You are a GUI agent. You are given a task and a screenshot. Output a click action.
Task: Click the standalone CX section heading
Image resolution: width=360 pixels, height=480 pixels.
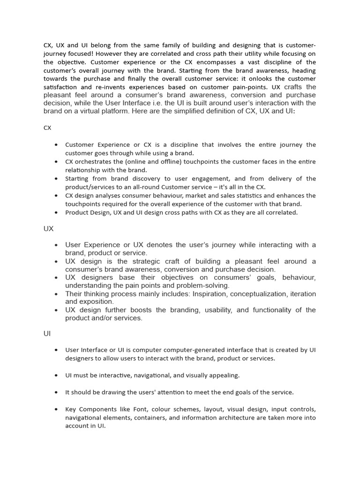pos(47,127)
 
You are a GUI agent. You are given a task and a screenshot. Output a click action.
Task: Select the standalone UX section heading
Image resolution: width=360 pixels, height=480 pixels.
pos(48,229)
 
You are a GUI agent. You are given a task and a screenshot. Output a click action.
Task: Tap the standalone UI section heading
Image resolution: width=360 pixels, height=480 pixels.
pos(47,334)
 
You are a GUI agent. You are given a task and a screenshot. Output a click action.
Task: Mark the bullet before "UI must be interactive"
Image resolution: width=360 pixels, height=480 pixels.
pos(56,375)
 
